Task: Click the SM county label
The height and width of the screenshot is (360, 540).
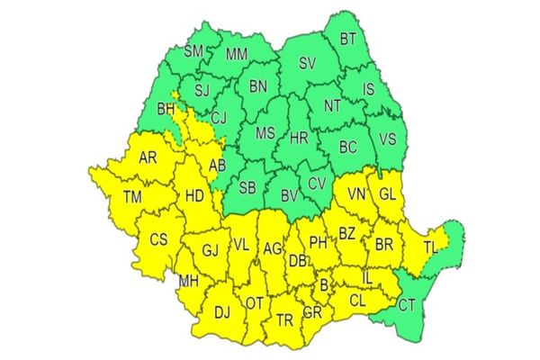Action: click(193, 51)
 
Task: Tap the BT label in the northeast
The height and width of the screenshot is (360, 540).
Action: click(348, 39)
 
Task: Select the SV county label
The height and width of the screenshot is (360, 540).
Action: click(309, 64)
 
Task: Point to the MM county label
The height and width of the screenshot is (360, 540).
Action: click(237, 55)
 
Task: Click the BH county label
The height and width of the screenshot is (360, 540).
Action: click(166, 110)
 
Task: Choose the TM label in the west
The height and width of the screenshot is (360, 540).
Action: click(132, 196)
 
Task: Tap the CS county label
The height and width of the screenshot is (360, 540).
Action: click(158, 239)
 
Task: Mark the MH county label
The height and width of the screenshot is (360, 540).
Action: click(188, 282)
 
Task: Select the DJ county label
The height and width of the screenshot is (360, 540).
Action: click(221, 312)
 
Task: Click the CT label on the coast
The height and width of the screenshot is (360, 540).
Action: click(408, 304)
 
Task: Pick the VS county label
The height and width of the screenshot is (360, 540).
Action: click(389, 138)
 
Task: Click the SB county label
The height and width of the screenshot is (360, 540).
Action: click(247, 187)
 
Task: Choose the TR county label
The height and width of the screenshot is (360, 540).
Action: click(284, 319)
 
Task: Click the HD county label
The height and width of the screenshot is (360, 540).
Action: click(193, 194)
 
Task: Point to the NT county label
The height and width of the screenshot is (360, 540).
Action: click(332, 105)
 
